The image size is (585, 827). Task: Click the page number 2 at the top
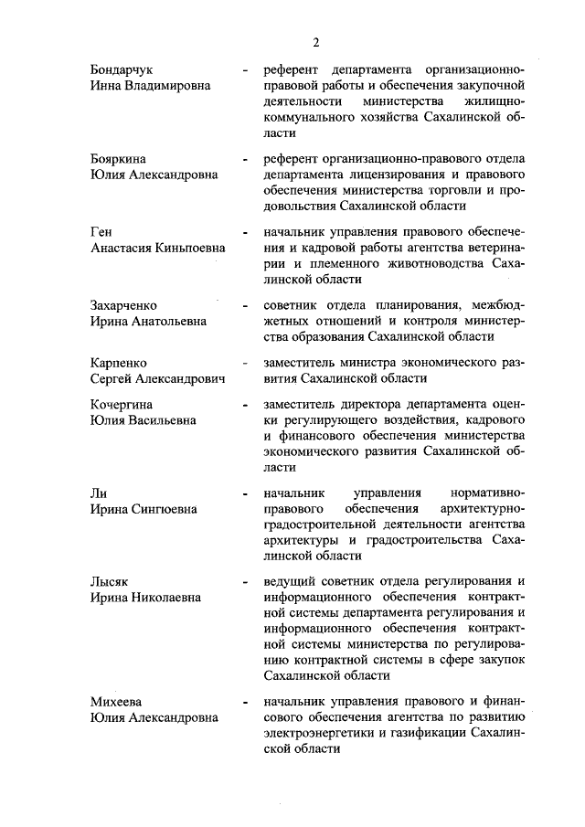pos(316,42)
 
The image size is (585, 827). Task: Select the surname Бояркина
pos(120,158)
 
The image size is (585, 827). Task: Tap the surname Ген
pos(101,231)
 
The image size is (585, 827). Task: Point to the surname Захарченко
pos(124,305)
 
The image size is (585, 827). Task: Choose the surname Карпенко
pos(119,363)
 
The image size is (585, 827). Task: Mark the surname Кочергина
pos(122,405)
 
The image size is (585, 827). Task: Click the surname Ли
pos(99,493)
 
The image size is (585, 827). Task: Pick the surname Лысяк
pos(112,582)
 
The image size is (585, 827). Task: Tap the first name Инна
pos(106,86)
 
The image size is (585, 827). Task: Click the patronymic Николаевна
pos(170,598)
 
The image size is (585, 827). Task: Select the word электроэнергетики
pos(319,732)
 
